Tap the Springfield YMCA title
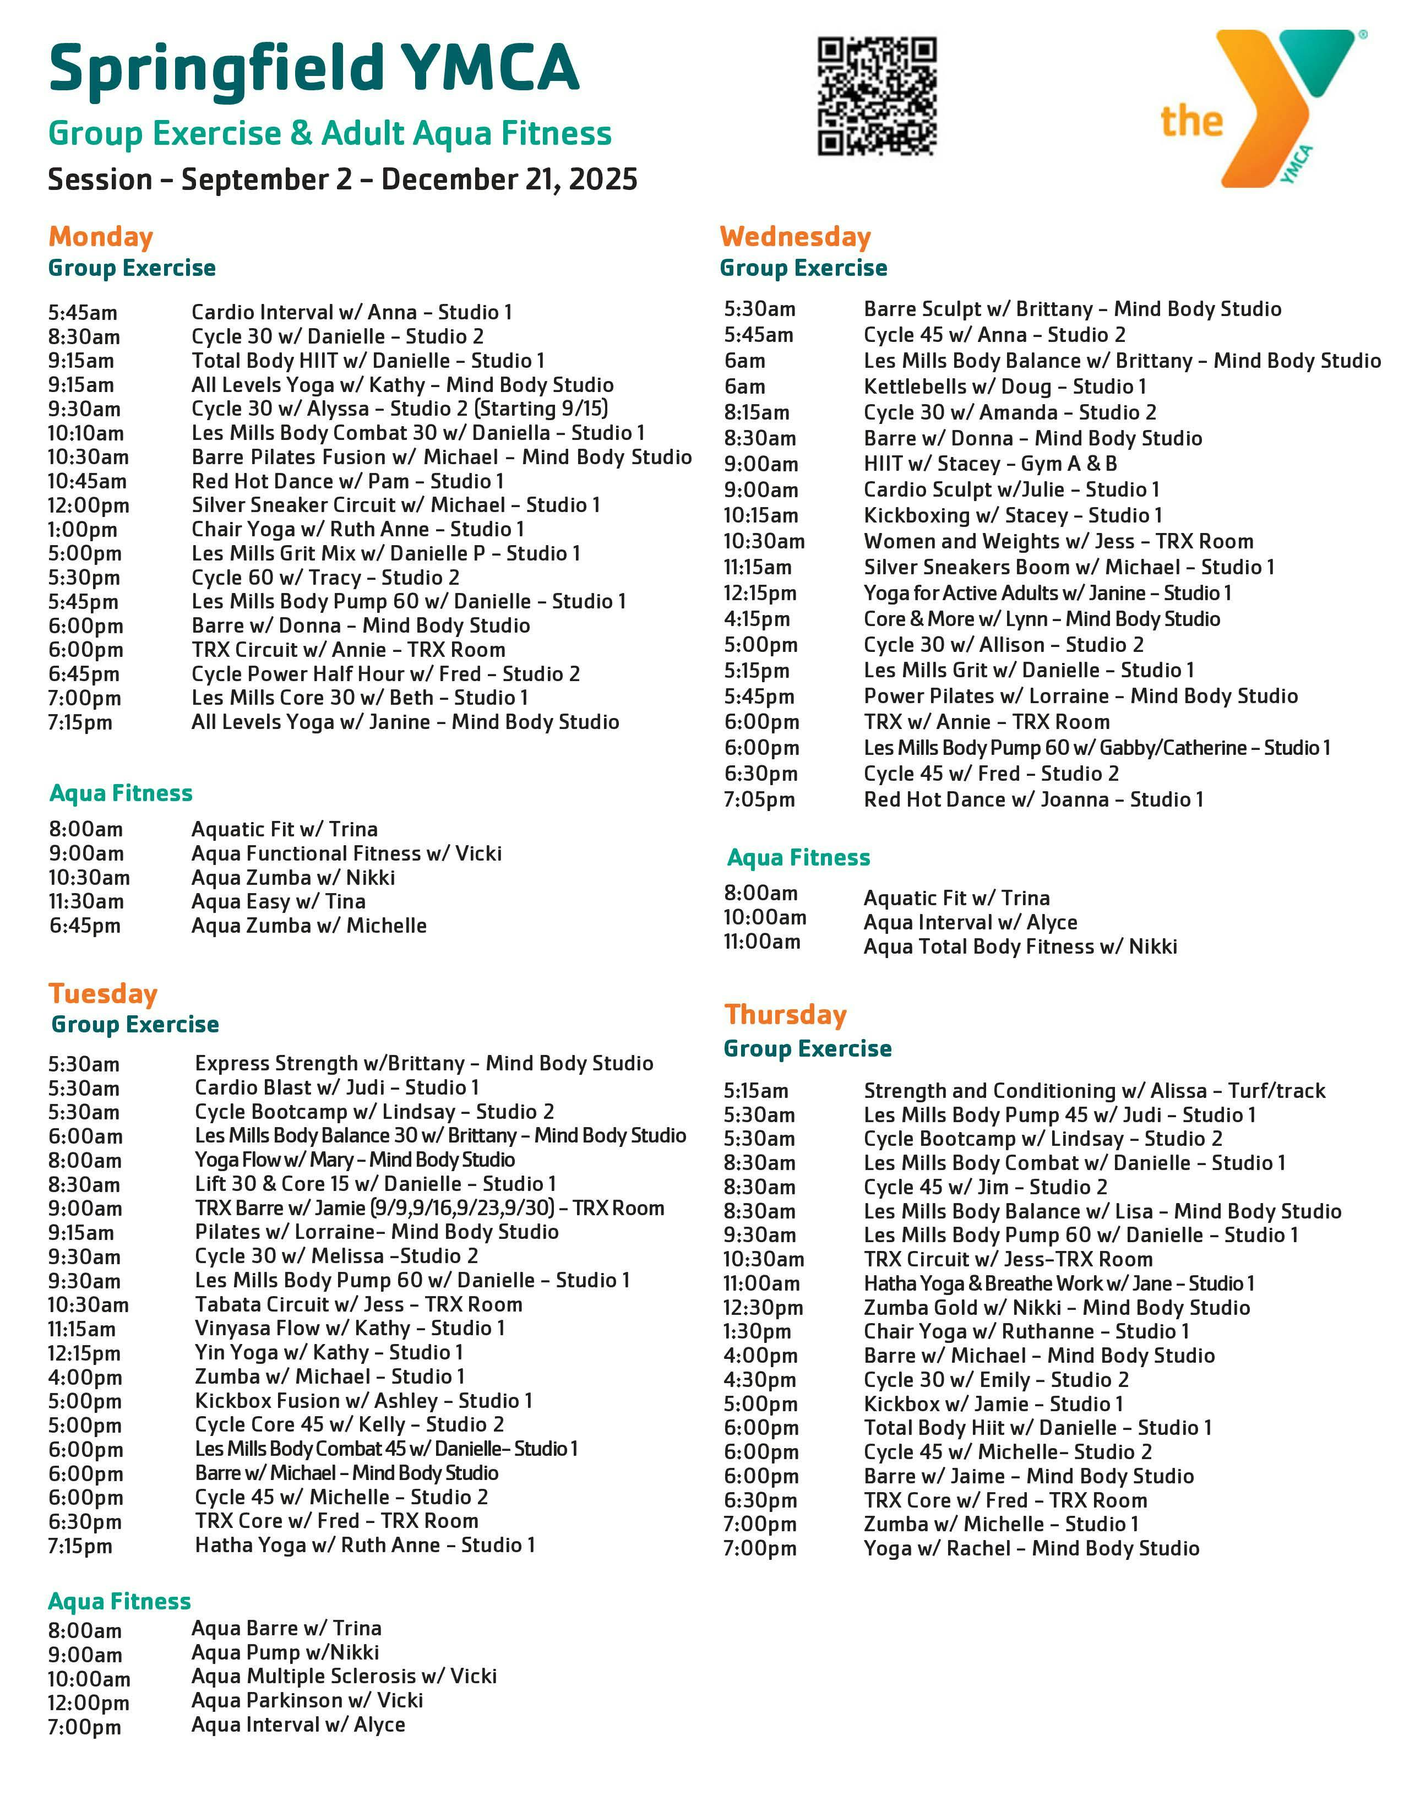[x=314, y=68]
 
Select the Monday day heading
[x=101, y=237]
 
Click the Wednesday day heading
[x=794, y=237]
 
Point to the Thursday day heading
[x=785, y=1015]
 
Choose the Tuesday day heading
[x=102, y=994]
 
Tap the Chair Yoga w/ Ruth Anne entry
[x=358, y=530]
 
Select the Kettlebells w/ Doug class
[x=1005, y=387]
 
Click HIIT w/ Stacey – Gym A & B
[x=990, y=464]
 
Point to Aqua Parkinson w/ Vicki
[x=307, y=1700]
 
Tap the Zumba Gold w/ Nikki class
[x=1057, y=1308]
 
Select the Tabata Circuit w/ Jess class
[x=358, y=1304]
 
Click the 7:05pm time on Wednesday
[x=759, y=801]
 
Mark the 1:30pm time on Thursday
[x=757, y=1332]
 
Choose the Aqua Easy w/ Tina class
[x=278, y=902]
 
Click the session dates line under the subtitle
[x=342, y=179]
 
